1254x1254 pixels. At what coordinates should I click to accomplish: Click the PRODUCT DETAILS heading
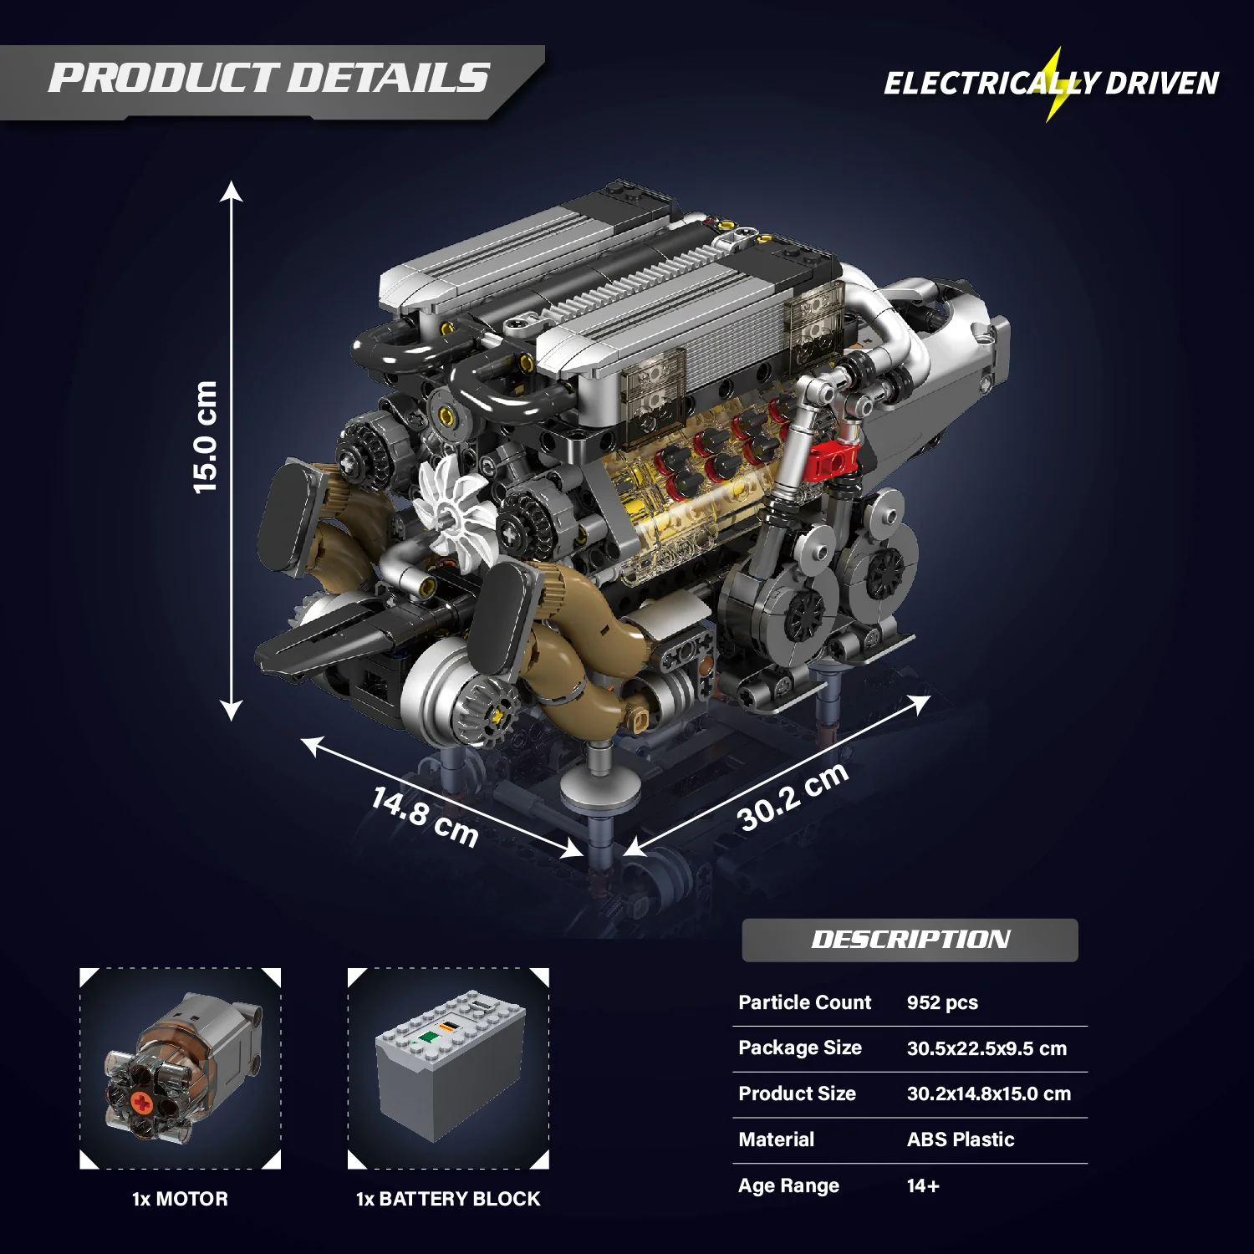click(x=268, y=78)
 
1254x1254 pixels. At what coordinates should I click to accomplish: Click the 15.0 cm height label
click(x=205, y=437)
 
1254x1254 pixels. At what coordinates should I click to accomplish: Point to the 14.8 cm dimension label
click(x=425, y=817)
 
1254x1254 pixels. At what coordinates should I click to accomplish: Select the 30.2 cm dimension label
click(x=793, y=797)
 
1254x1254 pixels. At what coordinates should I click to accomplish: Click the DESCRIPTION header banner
click(x=910, y=940)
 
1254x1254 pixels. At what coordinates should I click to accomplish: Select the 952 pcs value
click(x=942, y=1002)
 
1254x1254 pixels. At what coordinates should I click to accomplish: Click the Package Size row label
click(x=800, y=1048)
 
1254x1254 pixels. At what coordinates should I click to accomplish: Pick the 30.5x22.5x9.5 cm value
click(x=986, y=1048)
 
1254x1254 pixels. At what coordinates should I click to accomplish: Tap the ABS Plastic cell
click(x=961, y=1139)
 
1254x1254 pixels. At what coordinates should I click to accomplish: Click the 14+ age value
click(x=923, y=1185)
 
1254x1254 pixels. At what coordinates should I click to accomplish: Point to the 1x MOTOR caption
click(x=180, y=1199)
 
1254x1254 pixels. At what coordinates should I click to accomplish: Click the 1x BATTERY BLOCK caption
click(x=448, y=1199)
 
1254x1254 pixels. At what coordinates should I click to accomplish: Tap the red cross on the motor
click(x=143, y=1104)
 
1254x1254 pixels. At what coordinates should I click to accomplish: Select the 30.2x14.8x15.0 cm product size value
click(x=989, y=1093)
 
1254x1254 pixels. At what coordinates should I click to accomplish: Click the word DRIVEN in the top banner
click(x=1162, y=84)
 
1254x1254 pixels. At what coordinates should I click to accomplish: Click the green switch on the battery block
click(x=430, y=1037)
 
